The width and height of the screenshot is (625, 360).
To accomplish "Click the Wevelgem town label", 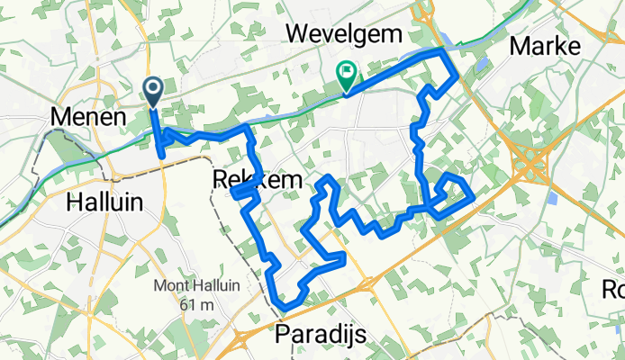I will point(343,33).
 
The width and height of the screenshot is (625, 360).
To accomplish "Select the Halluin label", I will point(104,203).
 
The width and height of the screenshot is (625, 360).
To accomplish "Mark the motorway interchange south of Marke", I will point(532,163).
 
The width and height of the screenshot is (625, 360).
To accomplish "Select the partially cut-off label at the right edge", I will point(614,289).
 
